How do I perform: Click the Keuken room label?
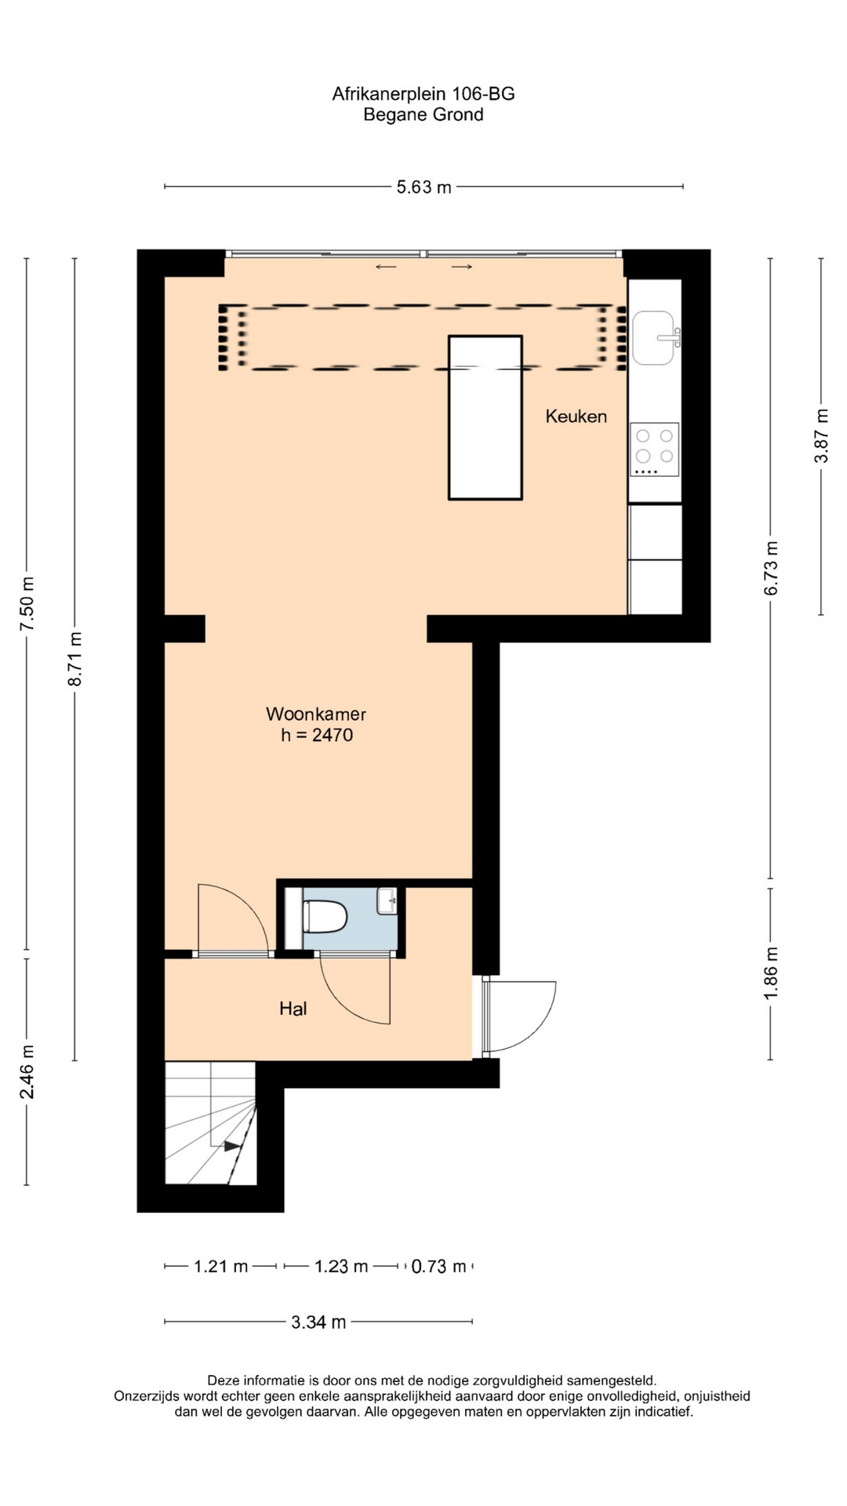576,417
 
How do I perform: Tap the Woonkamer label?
316,714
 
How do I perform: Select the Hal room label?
293,1009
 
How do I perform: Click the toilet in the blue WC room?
325,916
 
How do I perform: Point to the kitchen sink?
654,337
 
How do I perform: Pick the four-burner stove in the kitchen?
654,449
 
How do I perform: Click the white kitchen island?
485,417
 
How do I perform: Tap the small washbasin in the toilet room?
387,901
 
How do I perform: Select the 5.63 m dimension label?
423,187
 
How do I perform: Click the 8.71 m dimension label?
75,659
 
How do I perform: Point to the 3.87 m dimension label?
821,436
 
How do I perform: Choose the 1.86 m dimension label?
771,973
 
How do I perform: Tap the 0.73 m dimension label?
438,1267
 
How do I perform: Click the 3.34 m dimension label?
318,1322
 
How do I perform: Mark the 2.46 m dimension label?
27,1071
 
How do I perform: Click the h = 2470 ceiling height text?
317,735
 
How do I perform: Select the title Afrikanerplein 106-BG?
423,94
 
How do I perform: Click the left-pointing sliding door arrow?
386,267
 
